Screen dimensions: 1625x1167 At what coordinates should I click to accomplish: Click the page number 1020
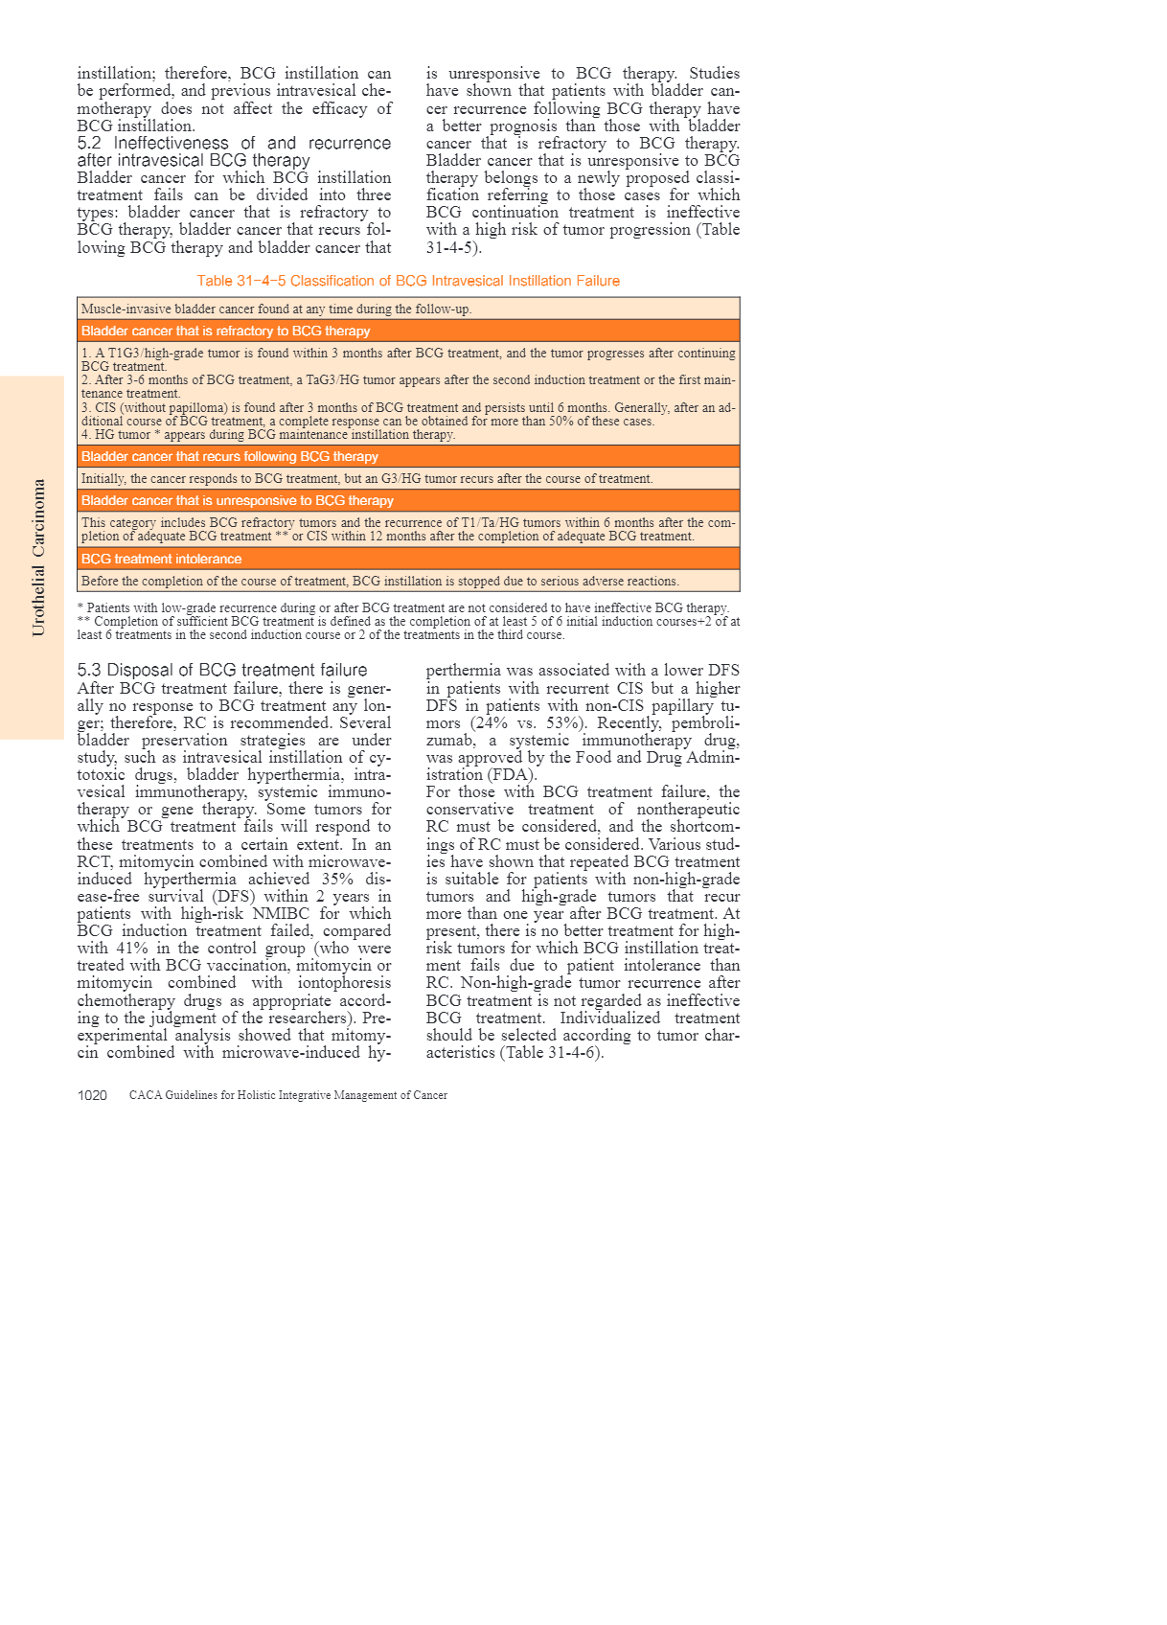point(92,1095)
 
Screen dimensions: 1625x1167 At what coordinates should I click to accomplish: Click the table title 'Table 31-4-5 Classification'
point(408,281)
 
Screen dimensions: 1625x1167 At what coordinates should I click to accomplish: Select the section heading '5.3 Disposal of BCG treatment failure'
point(222,670)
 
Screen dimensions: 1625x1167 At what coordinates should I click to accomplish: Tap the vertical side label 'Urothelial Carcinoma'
point(38,558)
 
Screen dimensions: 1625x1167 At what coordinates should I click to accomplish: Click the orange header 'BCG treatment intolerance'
point(162,559)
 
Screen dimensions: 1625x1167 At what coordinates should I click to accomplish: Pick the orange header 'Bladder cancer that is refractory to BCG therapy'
point(226,331)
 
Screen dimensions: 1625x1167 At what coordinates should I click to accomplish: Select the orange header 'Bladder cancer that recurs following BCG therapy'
point(230,456)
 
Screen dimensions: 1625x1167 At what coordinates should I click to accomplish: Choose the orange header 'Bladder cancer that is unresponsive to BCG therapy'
point(238,500)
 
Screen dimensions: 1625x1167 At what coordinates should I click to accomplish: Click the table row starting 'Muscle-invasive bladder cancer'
point(277,309)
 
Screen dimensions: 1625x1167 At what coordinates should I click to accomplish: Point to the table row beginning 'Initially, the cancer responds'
point(367,478)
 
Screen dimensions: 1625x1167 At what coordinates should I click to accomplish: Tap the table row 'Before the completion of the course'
point(380,581)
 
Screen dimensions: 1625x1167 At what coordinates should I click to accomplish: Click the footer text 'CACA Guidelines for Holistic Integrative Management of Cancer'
point(288,1095)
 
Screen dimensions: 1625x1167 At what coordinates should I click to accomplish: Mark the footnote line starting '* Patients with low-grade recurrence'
point(403,607)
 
